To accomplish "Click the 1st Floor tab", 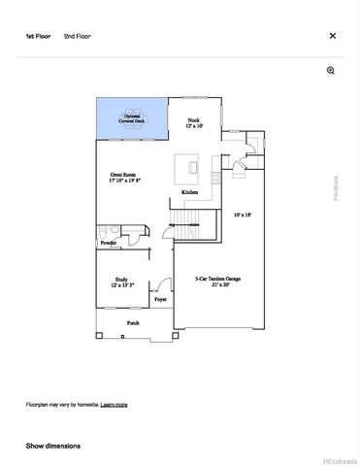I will [x=38, y=36].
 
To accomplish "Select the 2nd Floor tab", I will [x=77, y=36].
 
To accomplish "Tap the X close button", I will [x=333, y=36].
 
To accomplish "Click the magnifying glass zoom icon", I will [x=331, y=71].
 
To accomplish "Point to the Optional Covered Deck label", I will [x=132, y=118].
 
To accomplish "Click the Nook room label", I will [x=193, y=123].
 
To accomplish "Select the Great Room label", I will [x=124, y=178].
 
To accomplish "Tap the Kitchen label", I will [x=191, y=194].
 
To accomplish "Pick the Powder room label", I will [x=108, y=244].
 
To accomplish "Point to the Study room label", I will [x=121, y=282].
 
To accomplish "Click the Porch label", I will [x=133, y=322].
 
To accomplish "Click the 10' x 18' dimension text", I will [x=243, y=215].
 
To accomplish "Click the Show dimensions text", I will [x=52, y=446].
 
